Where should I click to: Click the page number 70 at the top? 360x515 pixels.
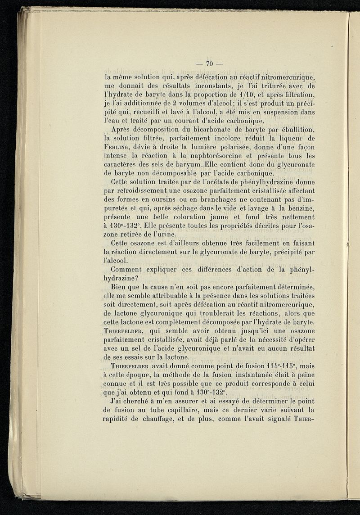pyautogui.click(x=208, y=63)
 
